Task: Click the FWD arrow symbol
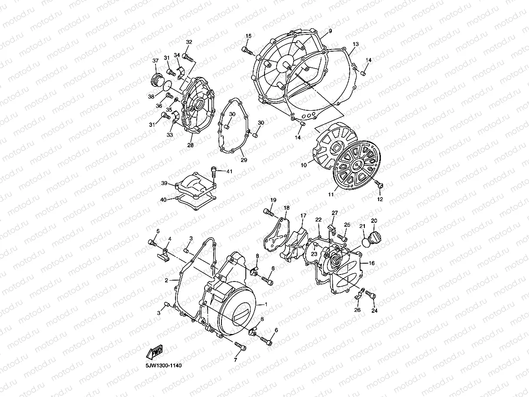pos(155,352)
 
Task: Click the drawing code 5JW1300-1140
pos(164,366)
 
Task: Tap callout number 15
pos(248,36)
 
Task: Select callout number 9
pos(330,31)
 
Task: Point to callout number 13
pos(356,44)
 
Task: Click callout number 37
pos(155,60)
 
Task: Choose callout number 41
pos(229,172)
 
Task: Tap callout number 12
pos(380,199)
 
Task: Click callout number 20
pos(374,221)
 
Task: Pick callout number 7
pos(236,360)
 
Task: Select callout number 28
pos(190,145)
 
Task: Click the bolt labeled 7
pos(239,346)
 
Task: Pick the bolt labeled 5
pos(152,243)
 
